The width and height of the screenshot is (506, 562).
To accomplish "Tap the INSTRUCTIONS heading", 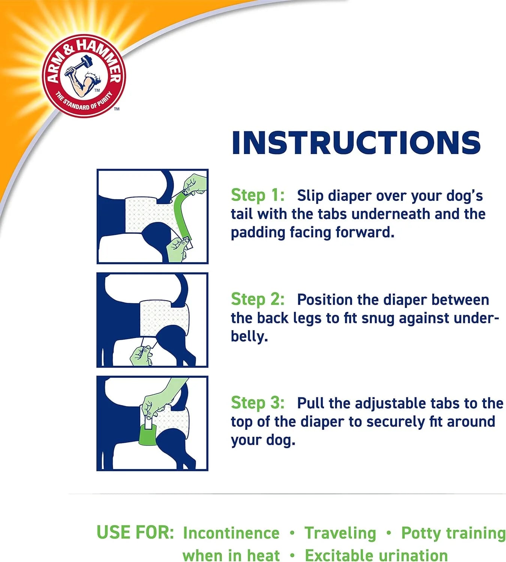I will click(x=356, y=143).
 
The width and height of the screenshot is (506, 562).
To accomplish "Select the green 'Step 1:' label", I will click(x=257, y=195).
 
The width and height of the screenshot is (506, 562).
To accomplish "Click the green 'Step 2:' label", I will click(x=257, y=299).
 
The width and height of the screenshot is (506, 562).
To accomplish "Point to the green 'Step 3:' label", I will click(x=257, y=403).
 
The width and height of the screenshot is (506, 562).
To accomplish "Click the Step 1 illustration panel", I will click(x=152, y=216).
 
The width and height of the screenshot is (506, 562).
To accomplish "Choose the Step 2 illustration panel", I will click(x=152, y=320).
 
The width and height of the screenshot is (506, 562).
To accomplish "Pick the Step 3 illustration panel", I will click(x=152, y=423).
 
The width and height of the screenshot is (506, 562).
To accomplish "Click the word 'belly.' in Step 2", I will click(x=249, y=336).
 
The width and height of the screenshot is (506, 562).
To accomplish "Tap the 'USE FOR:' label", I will click(x=135, y=532).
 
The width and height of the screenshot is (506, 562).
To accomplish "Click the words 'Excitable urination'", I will click(x=376, y=555).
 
